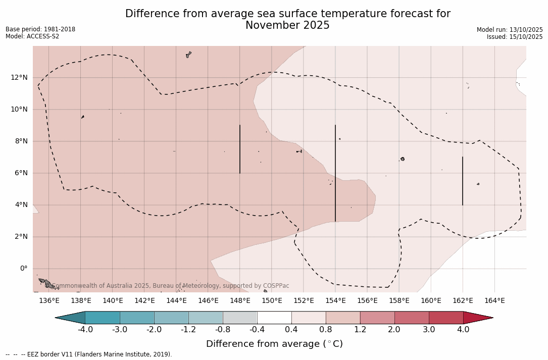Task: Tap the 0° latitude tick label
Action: [x=24, y=269]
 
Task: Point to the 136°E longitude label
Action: [x=49, y=301]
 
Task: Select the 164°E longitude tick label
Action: [x=494, y=301]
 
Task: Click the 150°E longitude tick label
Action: [x=272, y=301]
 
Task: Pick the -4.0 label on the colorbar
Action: [x=85, y=330]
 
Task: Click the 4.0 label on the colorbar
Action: [x=463, y=330]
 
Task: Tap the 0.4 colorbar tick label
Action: [x=291, y=330]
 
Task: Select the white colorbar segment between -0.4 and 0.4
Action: [x=274, y=318]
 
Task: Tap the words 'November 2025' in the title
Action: [x=287, y=26]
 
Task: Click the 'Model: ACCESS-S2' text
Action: [x=32, y=36]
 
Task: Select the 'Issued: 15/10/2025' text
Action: [x=515, y=37]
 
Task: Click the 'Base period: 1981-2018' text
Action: [x=40, y=29]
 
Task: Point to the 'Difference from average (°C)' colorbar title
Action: [x=274, y=344]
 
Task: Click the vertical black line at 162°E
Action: [x=463, y=181]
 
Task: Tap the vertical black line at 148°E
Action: [x=240, y=149]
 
